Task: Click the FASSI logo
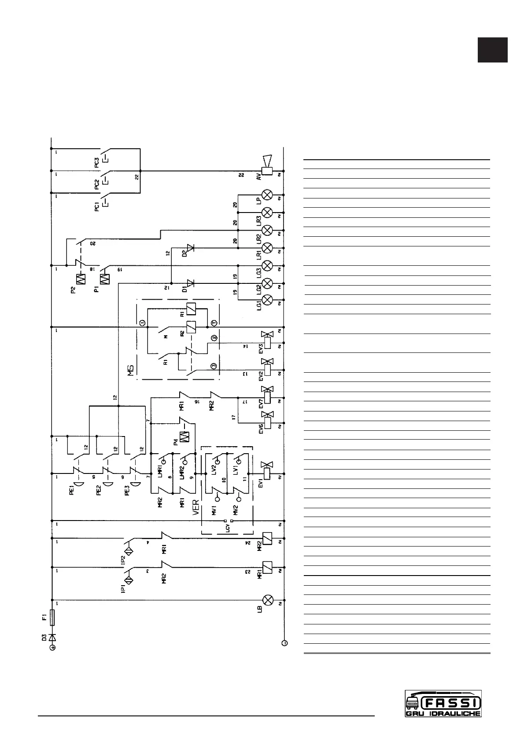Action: tap(443, 703)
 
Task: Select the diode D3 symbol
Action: tap(52, 637)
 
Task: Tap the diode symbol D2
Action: tap(190, 248)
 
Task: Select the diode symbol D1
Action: tap(190, 283)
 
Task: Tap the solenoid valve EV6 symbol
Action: tap(267, 420)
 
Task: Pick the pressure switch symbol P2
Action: tap(81, 279)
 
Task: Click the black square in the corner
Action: tap(493, 50)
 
